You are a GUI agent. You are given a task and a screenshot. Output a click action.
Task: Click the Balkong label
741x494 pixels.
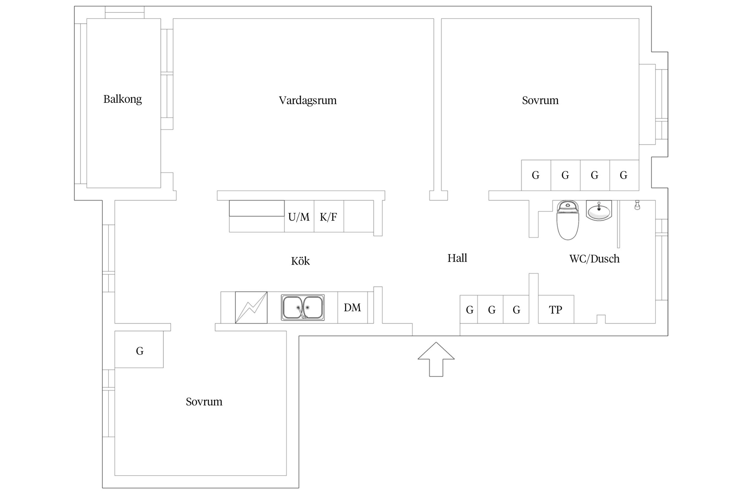(x=122, y=99)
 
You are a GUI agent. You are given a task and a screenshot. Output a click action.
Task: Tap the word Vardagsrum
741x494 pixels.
(x=307, y=100)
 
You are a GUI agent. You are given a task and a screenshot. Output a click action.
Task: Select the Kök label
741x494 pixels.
(x=300, y=261)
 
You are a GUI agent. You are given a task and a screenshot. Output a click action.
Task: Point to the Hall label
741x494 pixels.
(x=457, y=258)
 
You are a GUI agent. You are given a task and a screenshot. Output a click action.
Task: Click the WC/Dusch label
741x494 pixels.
(x=594, y=259)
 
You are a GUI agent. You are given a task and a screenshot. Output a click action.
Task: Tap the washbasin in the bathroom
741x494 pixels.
(x=599, y=210)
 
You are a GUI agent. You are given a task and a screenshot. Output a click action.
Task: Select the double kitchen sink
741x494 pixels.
(x=303, y=308)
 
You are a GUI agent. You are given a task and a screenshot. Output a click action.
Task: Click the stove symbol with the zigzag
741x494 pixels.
(x=251, y=308)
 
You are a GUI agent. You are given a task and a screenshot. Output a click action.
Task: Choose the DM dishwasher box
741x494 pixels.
(x=352, y=308)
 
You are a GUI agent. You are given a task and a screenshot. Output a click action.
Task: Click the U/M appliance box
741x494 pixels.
(x=299, y=217)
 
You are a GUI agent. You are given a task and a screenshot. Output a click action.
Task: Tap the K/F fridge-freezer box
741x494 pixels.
(x=328, y=217)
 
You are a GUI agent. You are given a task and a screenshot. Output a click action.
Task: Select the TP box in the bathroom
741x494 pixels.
(x=556, y=310)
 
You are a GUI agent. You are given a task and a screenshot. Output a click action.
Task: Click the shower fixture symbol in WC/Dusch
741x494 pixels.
(x=637, y=205)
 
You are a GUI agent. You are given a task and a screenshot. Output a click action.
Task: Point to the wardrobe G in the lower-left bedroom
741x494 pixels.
(x=139, y=351)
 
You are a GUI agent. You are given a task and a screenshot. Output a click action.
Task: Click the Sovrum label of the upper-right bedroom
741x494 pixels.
(x=540, y=100)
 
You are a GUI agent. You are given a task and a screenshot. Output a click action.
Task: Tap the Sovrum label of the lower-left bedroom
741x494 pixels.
(x=204, y=402)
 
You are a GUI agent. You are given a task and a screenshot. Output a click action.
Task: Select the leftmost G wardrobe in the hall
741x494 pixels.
(x=469, y=310)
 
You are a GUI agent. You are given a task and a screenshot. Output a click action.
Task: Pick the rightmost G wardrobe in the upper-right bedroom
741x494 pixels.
(x=624, y=175)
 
